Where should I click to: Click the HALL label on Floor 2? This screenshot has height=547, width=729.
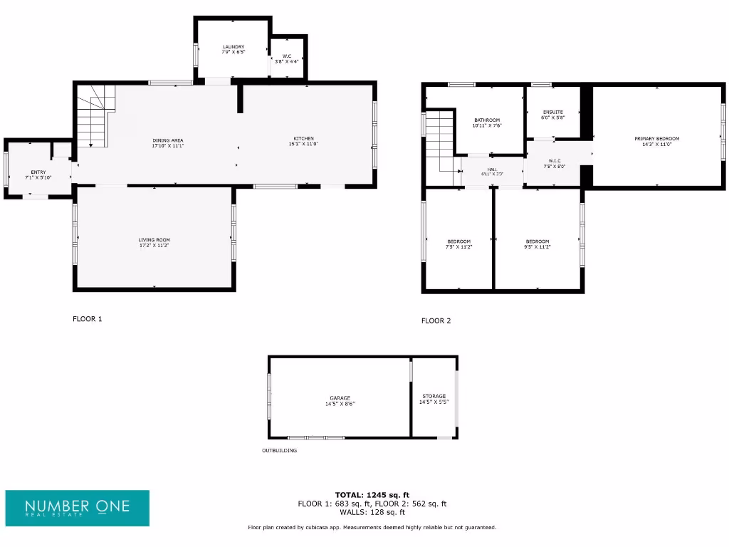(x=493, y=172)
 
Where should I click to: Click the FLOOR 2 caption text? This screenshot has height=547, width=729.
(x=436, y=321)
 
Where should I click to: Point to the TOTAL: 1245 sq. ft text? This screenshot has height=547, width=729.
(x=372, y=494)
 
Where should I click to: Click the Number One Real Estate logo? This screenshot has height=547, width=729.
(x=78, y=508)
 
